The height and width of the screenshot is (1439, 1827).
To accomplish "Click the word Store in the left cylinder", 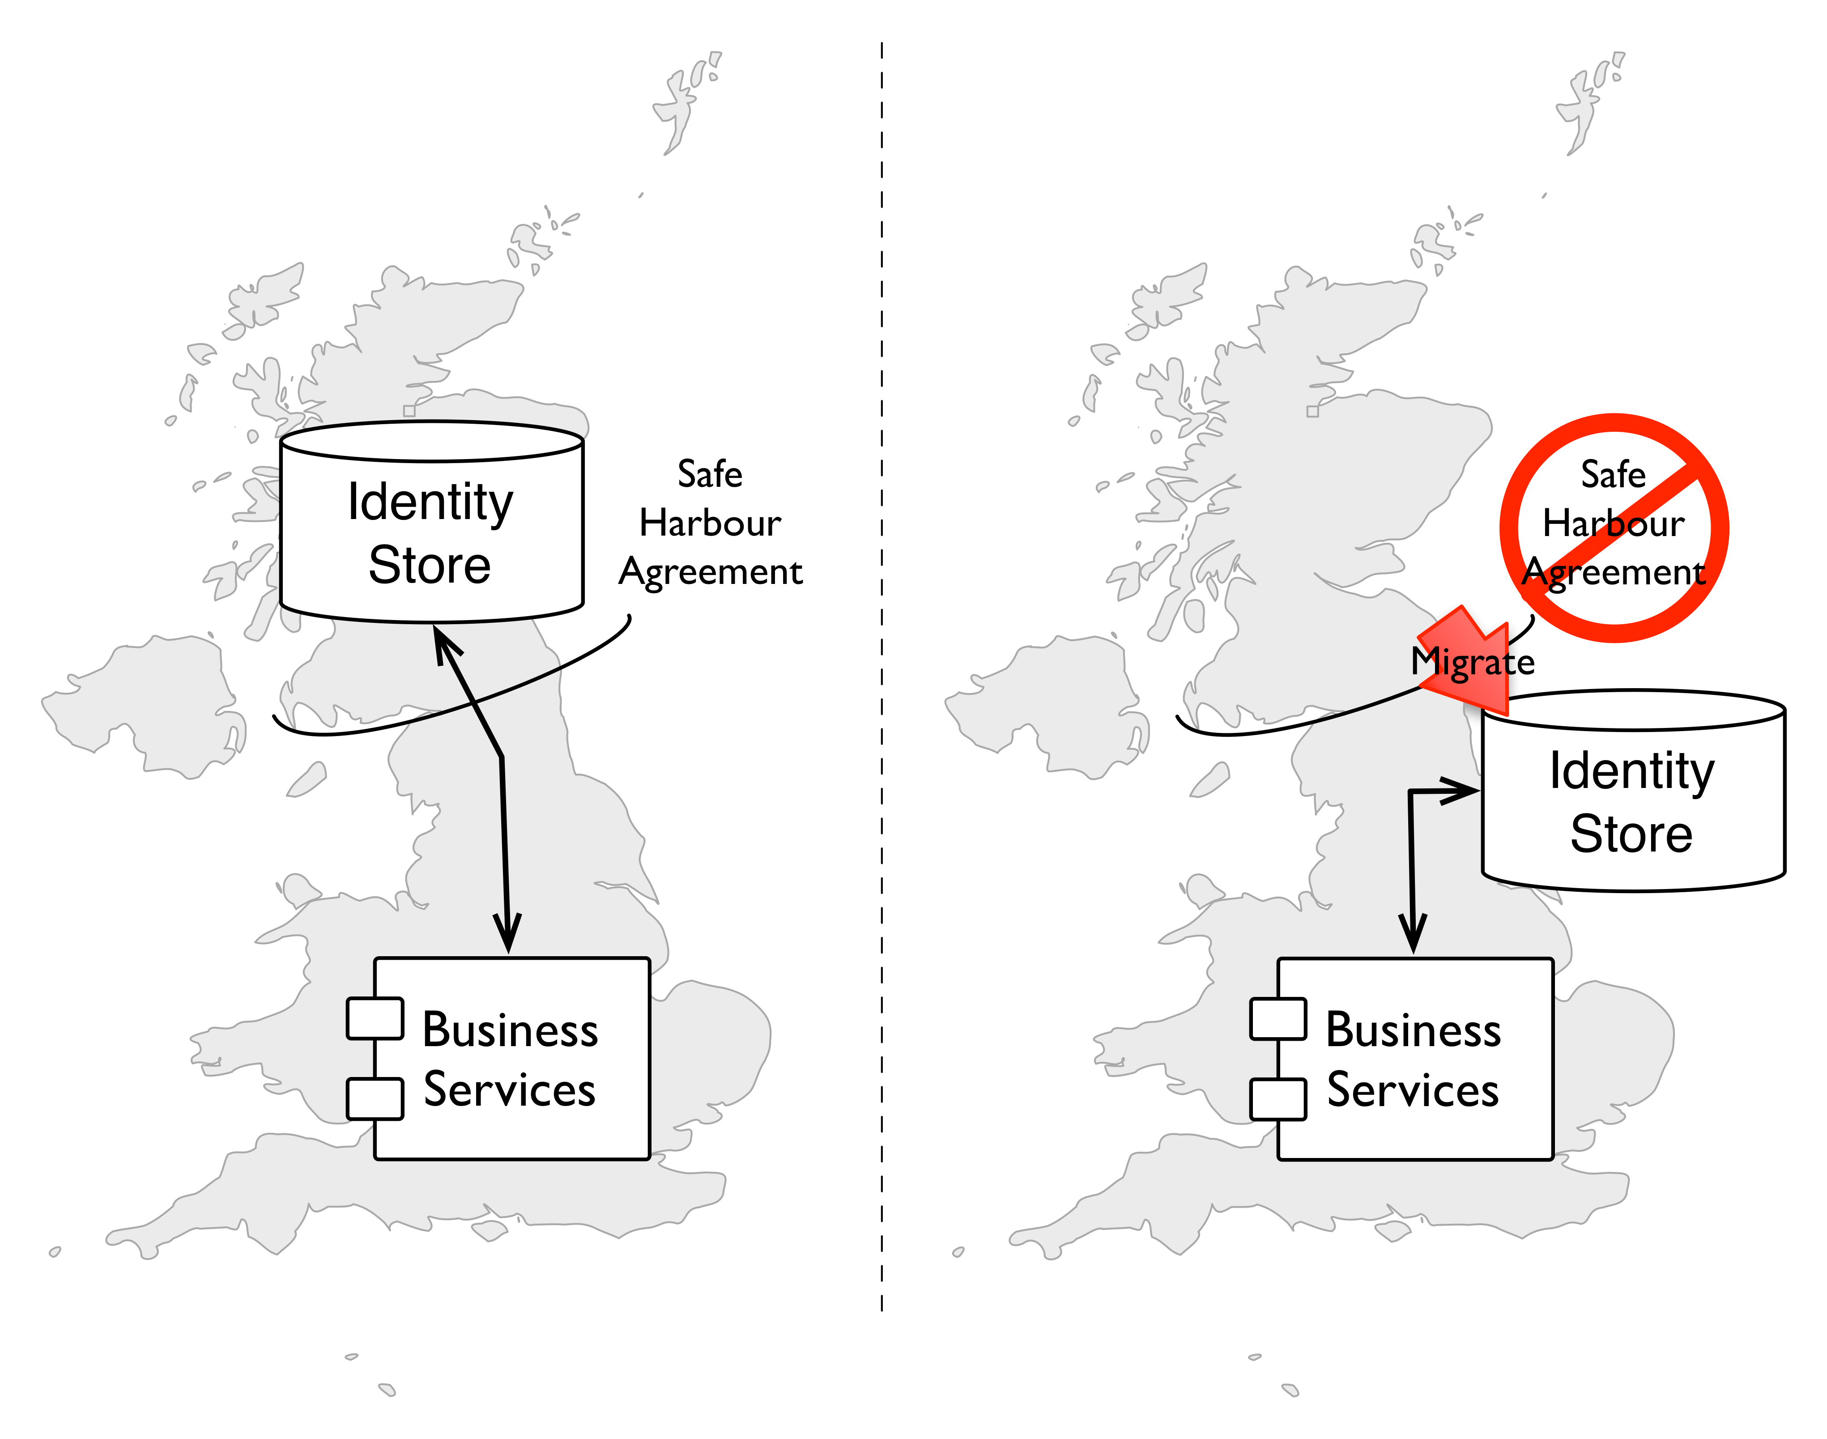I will [x=430, y=565].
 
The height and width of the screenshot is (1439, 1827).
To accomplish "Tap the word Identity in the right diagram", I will [x=1631, y=771].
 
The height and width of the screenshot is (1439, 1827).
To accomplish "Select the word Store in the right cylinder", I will [x=1631, y=834].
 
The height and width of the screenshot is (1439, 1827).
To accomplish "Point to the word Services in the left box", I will [x=510, y=1090].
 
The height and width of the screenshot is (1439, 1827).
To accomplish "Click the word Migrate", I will [x=1472, y=662].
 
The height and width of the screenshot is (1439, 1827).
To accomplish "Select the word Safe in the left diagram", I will [x=710, y=474].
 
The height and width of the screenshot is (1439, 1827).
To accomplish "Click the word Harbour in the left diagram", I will [x=710, y=523].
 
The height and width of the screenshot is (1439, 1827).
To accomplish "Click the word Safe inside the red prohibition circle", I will [x=1613, y=474].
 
